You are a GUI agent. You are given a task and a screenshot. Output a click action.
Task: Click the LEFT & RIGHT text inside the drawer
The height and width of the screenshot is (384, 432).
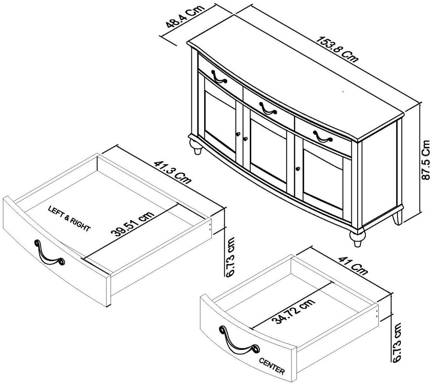coord(69,219)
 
